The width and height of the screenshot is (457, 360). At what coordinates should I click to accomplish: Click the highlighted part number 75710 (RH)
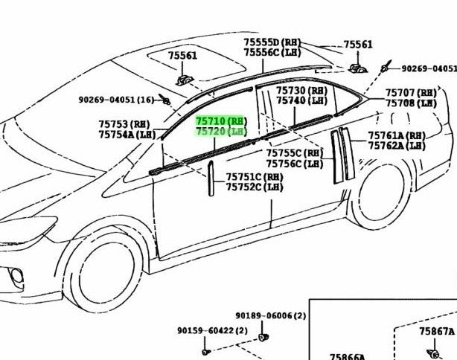[222, 121]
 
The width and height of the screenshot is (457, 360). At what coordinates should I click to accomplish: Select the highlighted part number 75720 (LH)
[222, 132]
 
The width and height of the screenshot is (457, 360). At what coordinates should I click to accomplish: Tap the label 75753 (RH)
[124, 124]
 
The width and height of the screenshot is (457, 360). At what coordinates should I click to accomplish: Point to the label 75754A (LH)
[127, 135]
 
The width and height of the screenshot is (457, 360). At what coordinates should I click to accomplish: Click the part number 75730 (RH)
[301, 91]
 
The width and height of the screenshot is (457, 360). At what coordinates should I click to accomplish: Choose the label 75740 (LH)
[301, 100]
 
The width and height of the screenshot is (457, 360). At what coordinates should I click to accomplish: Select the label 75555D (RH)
[272, 42]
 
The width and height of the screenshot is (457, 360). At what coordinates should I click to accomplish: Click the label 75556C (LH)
[272, 52]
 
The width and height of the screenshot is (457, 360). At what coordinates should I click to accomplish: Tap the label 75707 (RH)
[411, 93]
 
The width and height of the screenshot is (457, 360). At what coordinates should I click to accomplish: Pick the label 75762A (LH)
[397, 145]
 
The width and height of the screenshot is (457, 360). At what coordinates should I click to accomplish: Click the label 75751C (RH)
[255, 177]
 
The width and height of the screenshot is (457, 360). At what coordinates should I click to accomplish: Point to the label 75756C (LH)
[295, 164]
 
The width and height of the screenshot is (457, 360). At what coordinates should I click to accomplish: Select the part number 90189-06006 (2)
[271, 315]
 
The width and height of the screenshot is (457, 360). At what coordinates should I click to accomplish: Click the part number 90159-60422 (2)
[212, 331]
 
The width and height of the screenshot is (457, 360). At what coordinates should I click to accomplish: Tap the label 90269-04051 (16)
[116, 100]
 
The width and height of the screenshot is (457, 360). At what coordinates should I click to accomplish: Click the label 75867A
[437, 332]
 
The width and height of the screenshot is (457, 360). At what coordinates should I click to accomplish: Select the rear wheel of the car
[381, 193]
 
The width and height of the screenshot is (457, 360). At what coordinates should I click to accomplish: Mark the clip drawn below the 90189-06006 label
[263, 337]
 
